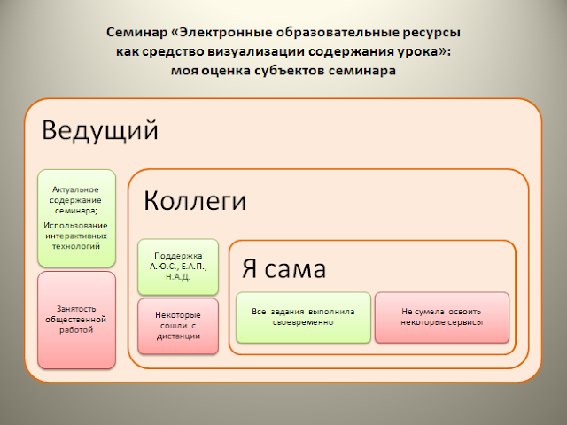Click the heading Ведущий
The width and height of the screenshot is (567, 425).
100,131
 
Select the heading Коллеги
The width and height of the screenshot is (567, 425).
195,200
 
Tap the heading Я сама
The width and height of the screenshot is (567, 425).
285,267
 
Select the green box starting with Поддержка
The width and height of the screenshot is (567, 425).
178,265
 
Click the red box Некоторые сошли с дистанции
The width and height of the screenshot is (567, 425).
178,325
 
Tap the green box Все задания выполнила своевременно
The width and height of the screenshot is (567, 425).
302,317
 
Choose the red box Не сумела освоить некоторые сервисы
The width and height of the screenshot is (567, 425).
442,317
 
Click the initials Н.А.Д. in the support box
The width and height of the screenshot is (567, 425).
178,276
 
